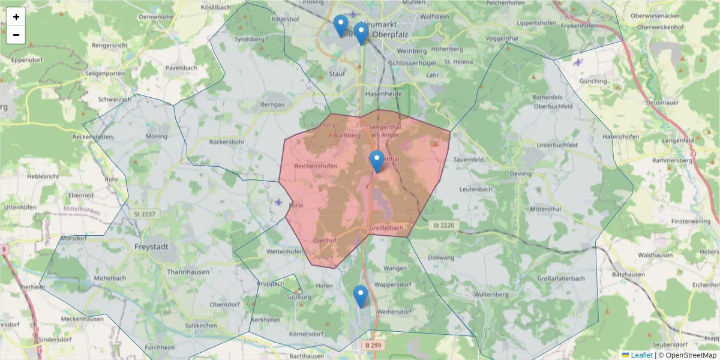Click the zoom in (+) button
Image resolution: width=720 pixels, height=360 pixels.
tap(16, 17)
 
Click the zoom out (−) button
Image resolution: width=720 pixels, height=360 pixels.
tap(16, 35)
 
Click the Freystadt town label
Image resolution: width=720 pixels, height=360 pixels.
tap(151, 247)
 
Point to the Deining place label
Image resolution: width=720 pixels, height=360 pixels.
tap(520, 174)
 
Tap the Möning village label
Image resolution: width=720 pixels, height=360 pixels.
tap(157, 136)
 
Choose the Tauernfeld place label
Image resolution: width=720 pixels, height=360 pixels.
tap(469, 160)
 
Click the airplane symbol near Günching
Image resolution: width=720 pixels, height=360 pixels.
tap(578, 62)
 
